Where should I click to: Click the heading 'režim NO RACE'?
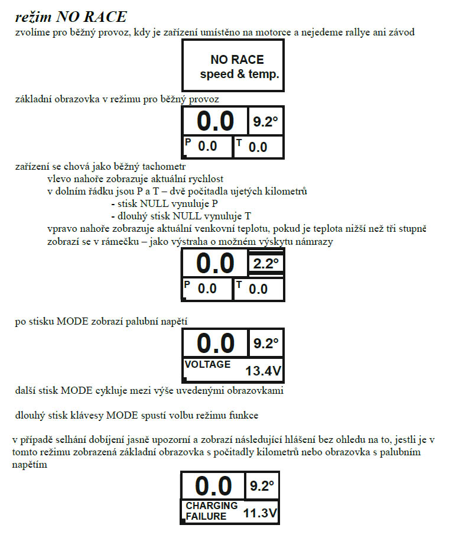pos(71,17)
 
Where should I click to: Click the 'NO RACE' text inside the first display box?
pos(237,60)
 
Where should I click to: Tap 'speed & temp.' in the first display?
pos(240,74)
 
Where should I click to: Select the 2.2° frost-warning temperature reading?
pos(266,264)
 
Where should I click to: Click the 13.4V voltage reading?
pos(263,371)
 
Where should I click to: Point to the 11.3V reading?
pos(261,513)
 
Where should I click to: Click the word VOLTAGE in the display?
pos(207,364)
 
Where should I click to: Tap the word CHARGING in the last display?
pos(212,506)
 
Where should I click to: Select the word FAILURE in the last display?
pos(206,517)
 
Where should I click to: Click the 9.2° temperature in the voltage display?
pos(266,344)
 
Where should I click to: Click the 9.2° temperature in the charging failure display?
pos(262,486)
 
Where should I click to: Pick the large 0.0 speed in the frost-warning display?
pos(215,263)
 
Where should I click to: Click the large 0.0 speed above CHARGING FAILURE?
pos(213,486)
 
